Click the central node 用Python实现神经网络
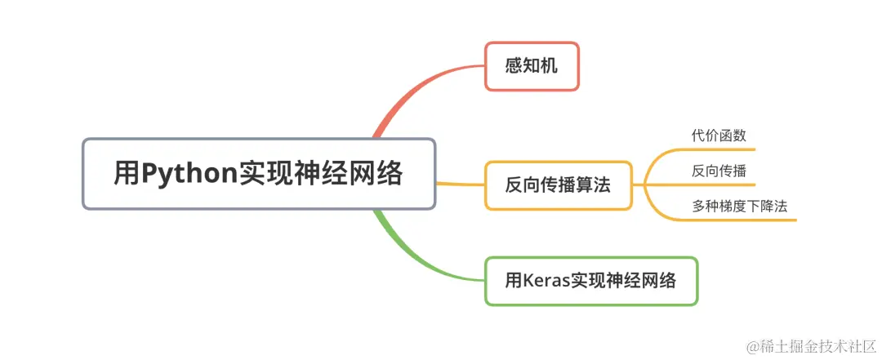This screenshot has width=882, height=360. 259,174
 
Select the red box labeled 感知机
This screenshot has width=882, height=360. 532,66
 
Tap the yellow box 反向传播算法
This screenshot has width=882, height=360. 558,186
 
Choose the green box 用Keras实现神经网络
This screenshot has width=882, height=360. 591,282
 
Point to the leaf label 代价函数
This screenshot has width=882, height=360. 719,136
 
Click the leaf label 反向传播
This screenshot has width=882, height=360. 719,171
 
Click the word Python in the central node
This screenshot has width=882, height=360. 189,174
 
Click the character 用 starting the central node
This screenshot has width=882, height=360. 127,174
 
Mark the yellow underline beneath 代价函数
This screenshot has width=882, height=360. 719,149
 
